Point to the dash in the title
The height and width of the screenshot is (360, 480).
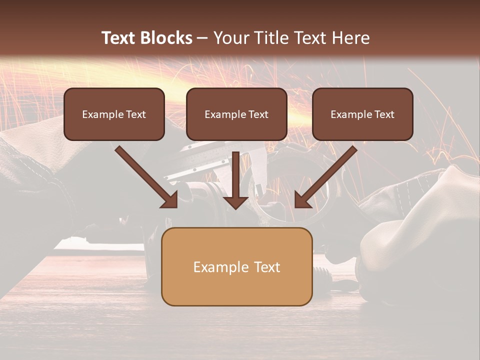pos(202,38)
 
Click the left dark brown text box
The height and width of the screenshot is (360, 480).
pos(114,114)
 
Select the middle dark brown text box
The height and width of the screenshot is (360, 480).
pos(236,114)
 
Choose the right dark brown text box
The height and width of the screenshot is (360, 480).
pos(362,114)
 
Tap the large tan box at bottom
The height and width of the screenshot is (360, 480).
pos(236,266)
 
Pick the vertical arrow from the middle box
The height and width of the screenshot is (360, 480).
pos(235,175)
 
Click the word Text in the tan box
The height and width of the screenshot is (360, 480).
pos(267,267)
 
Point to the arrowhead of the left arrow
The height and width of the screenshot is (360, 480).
pos(170,200)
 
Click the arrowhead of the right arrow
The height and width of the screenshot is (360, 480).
pos(302,200)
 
